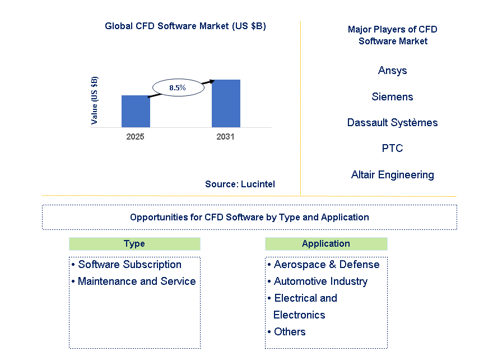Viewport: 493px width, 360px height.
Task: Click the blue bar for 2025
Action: (136, 111)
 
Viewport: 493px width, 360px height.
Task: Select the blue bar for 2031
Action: (226, 103)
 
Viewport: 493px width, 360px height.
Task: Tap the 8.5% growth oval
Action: (177, 88)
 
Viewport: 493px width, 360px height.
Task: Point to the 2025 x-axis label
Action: (136, 137)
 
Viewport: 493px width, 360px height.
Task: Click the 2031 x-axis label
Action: (225, 137)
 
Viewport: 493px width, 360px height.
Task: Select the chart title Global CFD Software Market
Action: (185, 26)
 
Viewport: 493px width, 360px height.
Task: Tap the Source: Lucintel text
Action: (240, 184)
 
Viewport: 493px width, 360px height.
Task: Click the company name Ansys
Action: (392, 70)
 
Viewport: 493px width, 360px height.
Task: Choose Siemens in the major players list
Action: (392, 96)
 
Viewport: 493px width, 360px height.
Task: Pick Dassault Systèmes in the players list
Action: (392, 122)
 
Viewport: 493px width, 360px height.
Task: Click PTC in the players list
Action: (392, 148)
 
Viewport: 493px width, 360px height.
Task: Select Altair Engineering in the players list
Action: (392, 174)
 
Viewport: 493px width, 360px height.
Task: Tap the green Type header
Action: (134, 243)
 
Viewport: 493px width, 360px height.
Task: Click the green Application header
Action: (325, 243)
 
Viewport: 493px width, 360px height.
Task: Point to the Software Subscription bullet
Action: (129, 264)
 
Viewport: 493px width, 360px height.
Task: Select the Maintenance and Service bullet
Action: (137, 281)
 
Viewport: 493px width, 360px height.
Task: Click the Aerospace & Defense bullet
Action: (327, 264)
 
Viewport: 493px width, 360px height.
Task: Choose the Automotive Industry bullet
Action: (320, 281)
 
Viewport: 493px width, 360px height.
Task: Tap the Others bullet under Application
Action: (290, 331)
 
